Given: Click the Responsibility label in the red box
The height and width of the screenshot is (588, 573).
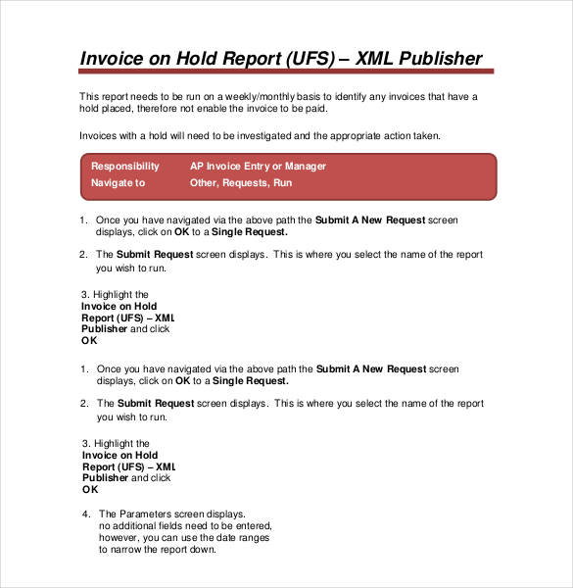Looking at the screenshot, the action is (x=124, y=167).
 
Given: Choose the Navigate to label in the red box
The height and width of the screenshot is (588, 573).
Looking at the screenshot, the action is (x=118, y=182).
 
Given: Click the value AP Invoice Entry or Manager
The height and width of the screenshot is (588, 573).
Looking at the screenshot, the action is (x=258, y=167).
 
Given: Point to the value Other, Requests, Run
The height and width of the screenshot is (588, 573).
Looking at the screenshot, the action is (x=240, y=182).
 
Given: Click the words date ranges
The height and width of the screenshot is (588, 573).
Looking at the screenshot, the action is (x=239, y=537).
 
